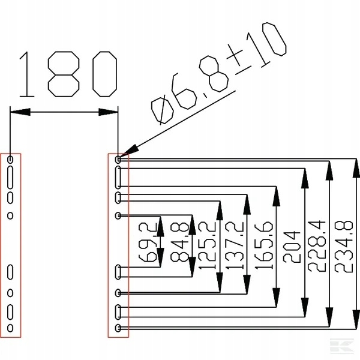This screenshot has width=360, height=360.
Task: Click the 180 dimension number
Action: click(67, 74)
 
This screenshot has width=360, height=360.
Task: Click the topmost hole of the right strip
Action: click(118, 160)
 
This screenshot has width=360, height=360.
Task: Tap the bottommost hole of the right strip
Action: click(118, 328)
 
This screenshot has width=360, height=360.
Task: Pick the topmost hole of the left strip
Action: click(11, 160)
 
